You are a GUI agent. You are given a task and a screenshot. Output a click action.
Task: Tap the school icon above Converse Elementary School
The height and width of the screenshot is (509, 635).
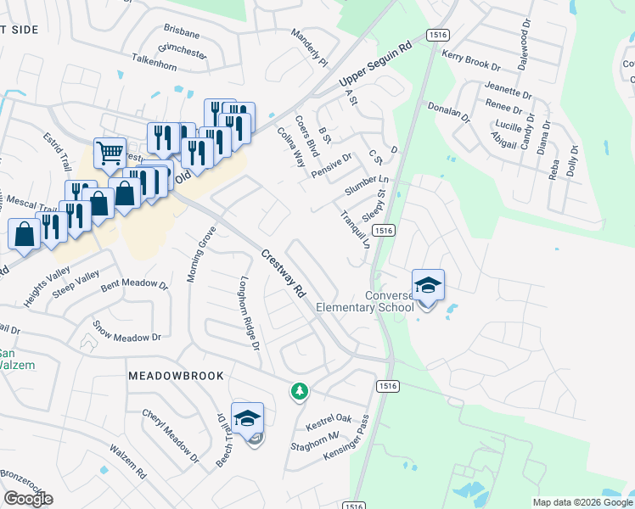(x=428, y=285)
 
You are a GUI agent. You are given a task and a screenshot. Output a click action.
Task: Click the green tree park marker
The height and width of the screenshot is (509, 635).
(x=299, y=391)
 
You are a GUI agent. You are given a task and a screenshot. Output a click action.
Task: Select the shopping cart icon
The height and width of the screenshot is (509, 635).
(x=110, y=154)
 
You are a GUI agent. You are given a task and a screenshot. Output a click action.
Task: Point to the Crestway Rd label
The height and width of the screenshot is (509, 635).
(x=283, y=272)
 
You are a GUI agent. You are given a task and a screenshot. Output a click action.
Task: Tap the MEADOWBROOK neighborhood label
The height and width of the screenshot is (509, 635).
(x=176, y=375)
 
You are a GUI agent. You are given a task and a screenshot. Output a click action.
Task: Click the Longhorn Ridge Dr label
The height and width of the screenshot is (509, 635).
(x=248, y=313)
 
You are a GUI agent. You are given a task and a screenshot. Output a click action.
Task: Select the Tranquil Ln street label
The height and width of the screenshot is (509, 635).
(x=355, y=229)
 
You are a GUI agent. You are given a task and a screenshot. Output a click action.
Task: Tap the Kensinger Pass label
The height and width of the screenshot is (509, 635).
(x=346, y=444)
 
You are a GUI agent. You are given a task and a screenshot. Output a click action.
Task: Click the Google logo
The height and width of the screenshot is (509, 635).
(x=28, y=498)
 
